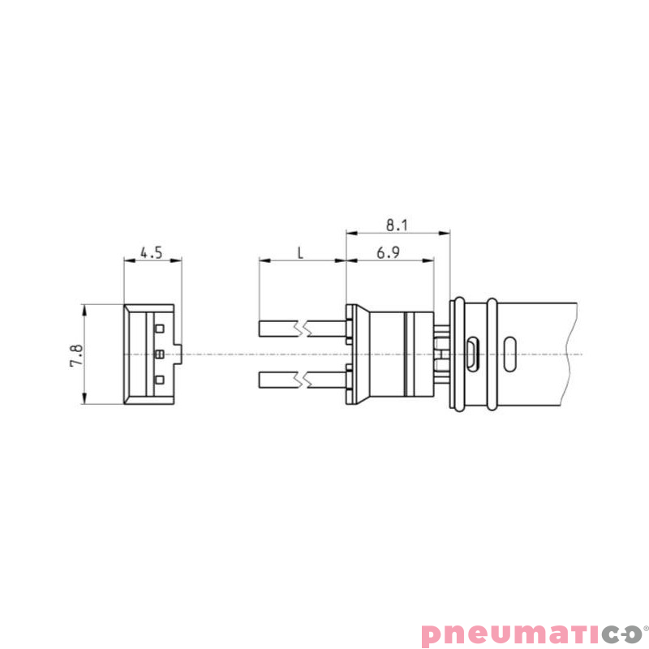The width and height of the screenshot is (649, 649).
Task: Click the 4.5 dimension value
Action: (152, 252)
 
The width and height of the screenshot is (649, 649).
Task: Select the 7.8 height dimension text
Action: (75, 354)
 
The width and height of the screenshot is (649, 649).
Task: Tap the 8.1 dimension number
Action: (397, 223)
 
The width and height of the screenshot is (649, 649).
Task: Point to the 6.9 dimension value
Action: (389, 252)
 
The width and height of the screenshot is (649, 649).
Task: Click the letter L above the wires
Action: (300, 252)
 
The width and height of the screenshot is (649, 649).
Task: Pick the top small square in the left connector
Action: (160, 328)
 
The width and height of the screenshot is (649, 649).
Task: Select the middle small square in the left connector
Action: (160, 354)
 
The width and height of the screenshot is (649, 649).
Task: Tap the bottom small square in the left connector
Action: (160, 380)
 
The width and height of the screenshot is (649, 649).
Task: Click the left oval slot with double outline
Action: (473, 354)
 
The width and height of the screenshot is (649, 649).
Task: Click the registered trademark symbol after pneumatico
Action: (646, 627)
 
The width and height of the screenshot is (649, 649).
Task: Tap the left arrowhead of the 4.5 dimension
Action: (127, 260)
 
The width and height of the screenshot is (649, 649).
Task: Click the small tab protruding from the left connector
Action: (179, 354)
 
